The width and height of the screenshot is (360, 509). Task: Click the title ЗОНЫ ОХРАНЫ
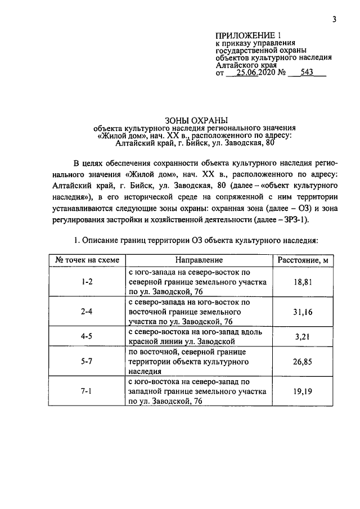pos(195,119)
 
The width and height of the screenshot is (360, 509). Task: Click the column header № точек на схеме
pos(87,260)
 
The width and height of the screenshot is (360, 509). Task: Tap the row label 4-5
pos(87,336)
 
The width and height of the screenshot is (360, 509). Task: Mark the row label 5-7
pos(87,362)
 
